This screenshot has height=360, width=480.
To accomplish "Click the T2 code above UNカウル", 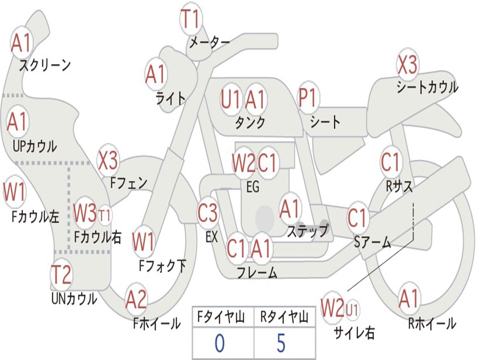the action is pos(61,275).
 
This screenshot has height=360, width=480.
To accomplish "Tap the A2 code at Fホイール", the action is pos(136,300).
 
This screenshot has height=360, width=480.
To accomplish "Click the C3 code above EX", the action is pos(208,213).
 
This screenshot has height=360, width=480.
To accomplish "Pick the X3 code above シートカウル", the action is pos(407,65).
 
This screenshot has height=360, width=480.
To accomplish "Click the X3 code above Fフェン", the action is pos(108,161).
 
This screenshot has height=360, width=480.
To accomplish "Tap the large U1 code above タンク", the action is pos(231,99).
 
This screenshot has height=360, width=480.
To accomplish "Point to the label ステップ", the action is pos(307,231).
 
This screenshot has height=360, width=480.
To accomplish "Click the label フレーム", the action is pos(257,272).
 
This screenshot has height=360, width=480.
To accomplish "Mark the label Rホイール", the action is pos(432,323).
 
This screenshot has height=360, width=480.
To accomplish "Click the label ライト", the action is pos(171,98).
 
